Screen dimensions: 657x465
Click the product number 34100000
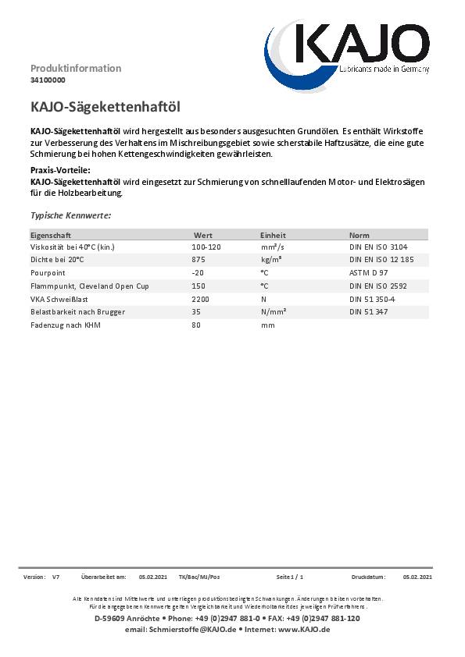[48, 80]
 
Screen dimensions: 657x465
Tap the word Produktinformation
[76, 68]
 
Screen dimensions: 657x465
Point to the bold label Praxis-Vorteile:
[61, 170]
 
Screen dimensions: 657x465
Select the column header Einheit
[273, 234]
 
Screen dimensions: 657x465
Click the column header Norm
[359, 234]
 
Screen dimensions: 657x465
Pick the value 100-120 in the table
[206, 247]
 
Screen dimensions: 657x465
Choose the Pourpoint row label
[47, 273]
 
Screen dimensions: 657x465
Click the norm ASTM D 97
[368, 273]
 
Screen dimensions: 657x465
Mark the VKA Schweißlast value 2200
[201, 299]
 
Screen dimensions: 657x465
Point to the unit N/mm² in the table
[274, 312]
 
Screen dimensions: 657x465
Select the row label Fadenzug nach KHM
[65, 325]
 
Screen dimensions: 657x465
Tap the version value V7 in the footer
[55, 577]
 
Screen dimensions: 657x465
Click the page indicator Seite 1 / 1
[289, 577]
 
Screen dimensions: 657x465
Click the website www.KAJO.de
[304, 629]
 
